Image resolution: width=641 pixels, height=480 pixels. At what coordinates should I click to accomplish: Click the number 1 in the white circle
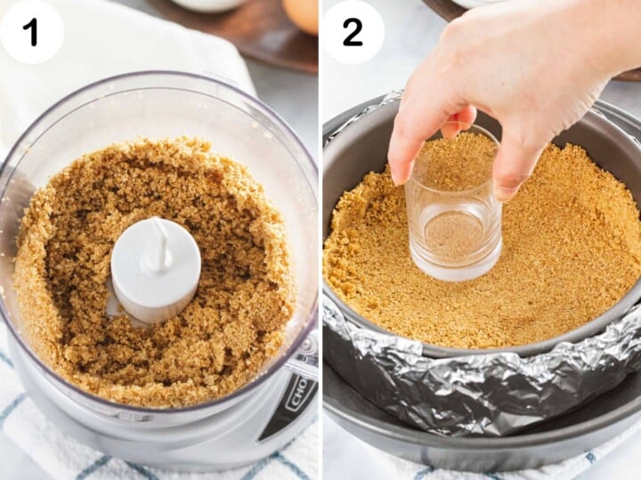click(x=31, y=32)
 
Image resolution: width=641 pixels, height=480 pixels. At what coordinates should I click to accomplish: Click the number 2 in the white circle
click(x=353, y=32)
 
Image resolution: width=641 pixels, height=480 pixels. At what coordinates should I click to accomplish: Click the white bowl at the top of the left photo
click(x=209, y=4)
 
